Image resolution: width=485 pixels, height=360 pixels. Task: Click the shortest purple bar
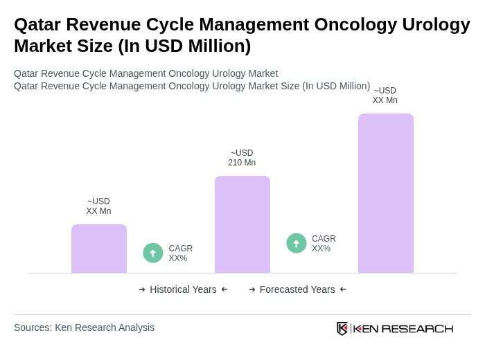[99, 249]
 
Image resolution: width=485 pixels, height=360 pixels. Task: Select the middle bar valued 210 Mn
[242, 224]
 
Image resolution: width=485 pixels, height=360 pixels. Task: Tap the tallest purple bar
[385, 193]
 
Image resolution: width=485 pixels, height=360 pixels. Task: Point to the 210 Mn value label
[242, 158]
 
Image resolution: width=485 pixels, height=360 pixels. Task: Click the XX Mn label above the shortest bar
[98, 206]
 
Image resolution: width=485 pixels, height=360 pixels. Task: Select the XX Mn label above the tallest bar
[385, 96]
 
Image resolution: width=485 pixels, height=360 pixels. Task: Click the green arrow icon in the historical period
[153, 253]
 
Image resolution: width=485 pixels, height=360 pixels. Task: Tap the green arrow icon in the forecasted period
[297, 243]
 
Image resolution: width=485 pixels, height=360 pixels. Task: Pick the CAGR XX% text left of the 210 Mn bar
[180, 253]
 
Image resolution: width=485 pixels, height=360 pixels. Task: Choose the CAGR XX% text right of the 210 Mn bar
[324, 244]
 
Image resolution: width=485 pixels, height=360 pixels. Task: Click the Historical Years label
[183, 289]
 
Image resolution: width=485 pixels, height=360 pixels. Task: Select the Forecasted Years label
[297, 289]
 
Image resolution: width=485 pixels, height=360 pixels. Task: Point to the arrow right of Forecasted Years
[343, 289]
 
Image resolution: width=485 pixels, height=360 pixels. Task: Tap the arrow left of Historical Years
[142, 289]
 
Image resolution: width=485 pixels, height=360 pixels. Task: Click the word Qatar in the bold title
[37, 24]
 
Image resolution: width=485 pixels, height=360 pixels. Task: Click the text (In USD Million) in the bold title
[184, 46]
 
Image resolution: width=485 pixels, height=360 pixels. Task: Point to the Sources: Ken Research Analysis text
[84, 327]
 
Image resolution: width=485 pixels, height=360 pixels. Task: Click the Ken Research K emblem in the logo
[342, 328]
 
